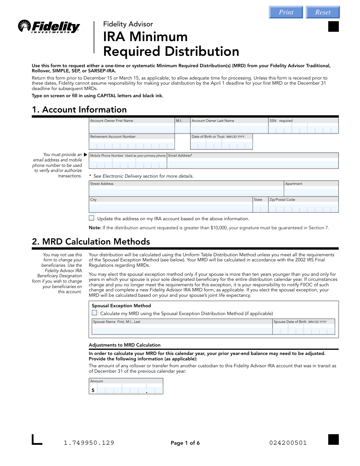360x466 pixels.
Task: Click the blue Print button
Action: click(x=286, y=12)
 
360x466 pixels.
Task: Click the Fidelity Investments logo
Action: click(x=49, y=27)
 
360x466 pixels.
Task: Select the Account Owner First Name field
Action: click(x=132, y=128)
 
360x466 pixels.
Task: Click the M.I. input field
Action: click(x=182, y=128)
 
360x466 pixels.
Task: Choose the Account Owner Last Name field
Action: click(x=229, y=128)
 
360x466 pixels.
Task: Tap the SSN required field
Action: click(x=303, y=128)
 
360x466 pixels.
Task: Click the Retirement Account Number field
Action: click(x=132, y=144)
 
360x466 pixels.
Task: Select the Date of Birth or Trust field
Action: click(x=221, y=144)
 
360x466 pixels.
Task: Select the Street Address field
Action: click(x=186, y=191)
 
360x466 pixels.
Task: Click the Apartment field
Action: click(x=311, y=191)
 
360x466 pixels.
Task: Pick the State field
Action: click(x=260, y=207)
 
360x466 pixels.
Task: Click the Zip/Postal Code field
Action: click(x=303, y=207)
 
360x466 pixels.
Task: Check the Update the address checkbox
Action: click(x=91, y=218)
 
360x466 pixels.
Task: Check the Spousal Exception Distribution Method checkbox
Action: click(x=94, y=313)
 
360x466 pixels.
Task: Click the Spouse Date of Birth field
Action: click(x=304, y=329)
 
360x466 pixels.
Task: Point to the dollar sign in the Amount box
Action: click(x=93, y=390)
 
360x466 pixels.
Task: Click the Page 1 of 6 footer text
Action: click(x=185, y=443)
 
